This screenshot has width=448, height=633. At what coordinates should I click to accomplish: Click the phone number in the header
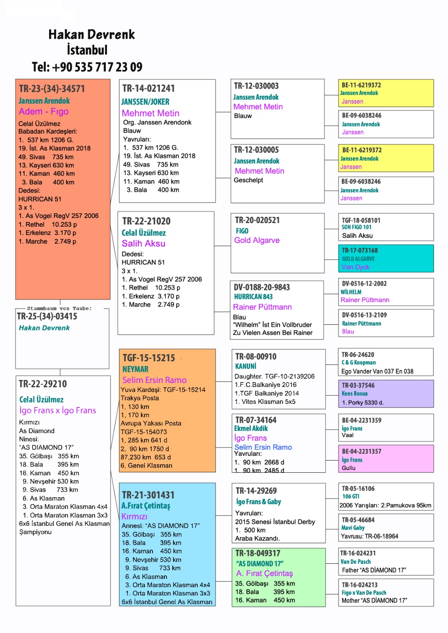[x=87, y=67]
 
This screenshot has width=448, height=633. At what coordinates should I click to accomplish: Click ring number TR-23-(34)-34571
[x=52, y=89]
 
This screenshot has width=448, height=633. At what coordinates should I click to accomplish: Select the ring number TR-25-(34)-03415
[x=47, y=316]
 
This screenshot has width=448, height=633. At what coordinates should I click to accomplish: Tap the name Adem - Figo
[x=44, y=112]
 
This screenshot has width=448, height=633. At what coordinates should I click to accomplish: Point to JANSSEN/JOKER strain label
[x=145, y=102]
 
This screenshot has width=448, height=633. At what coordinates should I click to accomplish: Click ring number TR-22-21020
[x=146, y=221]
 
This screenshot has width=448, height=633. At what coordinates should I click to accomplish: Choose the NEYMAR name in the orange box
[x=135, y=369]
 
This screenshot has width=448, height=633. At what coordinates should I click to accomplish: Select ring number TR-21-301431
[x=148, y=495]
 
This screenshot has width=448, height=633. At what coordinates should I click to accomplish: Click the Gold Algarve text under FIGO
[x=257, y=240]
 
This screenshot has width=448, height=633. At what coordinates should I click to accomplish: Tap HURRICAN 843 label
[x=253, y=297]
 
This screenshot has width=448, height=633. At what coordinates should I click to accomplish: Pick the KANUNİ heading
[x=246, y=366]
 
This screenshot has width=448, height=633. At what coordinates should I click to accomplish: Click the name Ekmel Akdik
[x=251, y=428]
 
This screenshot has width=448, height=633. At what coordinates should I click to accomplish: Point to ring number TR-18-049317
[x=258, y=553]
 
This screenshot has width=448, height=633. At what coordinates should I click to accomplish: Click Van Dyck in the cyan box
[x=355, y=267]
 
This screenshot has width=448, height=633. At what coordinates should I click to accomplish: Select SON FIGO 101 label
[x=356, y=227]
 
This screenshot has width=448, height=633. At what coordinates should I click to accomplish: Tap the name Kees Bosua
[x=355, y=394]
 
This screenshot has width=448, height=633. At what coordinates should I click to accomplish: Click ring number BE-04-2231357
[x=361, y=451]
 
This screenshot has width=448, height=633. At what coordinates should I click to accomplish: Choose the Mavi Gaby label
[x=353, y=528]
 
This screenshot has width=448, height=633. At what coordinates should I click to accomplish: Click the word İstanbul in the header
[x=87, y=50]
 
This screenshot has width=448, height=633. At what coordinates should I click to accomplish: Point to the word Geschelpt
[x=248, y=180]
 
